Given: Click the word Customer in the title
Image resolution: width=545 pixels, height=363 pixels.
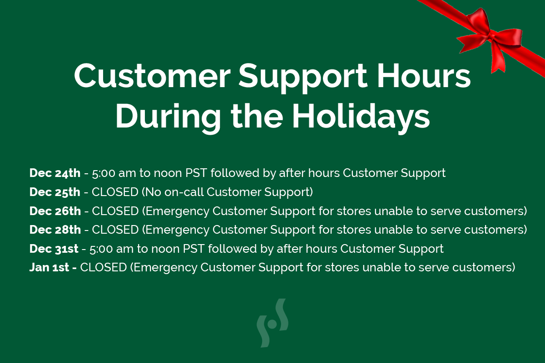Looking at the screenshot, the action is [152, 75].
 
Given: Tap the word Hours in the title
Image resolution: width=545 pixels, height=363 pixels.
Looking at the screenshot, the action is [424, 75].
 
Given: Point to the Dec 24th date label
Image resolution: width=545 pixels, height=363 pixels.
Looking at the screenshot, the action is [55, 173].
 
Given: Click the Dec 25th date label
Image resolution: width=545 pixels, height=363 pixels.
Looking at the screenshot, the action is [55, 192].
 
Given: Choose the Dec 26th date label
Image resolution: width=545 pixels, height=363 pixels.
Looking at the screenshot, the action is [55, 211].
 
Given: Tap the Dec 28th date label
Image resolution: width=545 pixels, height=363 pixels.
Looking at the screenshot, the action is [55, 230].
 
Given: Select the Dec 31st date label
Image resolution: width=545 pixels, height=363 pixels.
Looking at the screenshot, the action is [54, 249].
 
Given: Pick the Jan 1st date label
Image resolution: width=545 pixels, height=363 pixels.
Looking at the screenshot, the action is [49, 267].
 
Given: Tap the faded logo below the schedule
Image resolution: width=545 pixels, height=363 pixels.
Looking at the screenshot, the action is [272, 323].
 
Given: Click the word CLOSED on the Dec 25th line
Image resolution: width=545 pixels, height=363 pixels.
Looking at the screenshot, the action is [115, 192].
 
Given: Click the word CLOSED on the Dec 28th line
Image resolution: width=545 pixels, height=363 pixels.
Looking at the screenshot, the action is [115, 230].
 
